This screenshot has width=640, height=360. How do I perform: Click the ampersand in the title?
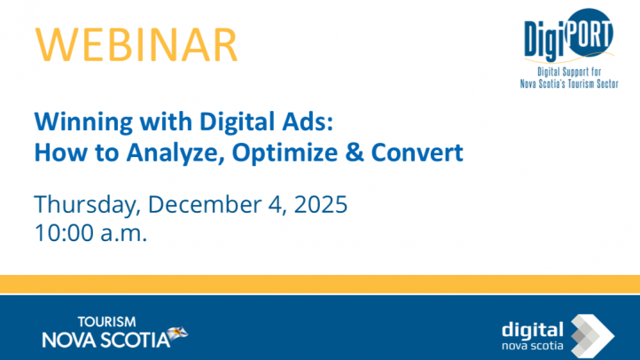point(351,153)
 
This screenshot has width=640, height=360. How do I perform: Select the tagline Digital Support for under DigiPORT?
point(574,71)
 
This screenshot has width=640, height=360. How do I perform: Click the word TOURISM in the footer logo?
point(106,322)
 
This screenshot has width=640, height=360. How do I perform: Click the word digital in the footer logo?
point(532,329)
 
